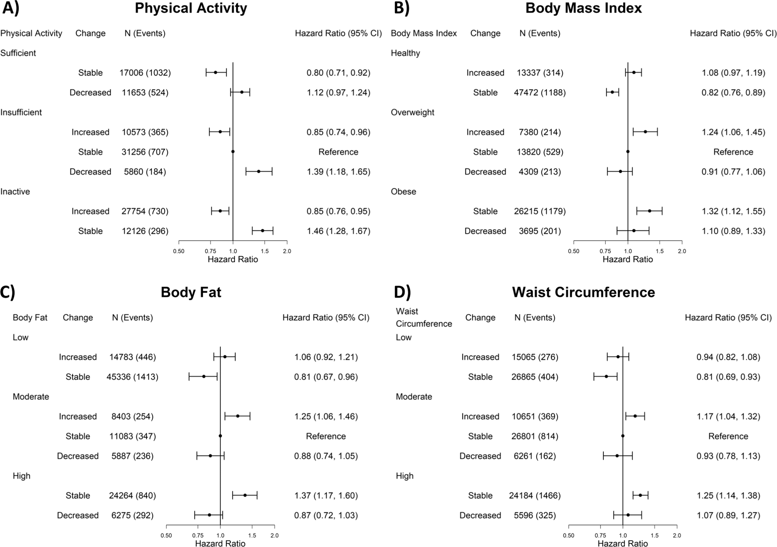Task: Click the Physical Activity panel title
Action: tap(191, 8)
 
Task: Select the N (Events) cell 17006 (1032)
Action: tap(145, 73)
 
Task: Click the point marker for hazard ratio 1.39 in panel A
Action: tap(259, 171)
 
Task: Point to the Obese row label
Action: tap(403, 192)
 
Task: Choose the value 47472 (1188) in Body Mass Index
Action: tap(540, 93)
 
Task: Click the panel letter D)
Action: tap(402, 292)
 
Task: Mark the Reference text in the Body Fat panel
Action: tap(326, 436)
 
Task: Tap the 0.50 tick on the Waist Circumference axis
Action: tap(568, 535)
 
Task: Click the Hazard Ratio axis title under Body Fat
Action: tap(220, 544)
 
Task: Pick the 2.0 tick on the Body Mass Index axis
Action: tap(682, 251)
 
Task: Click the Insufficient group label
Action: tap(21, 112)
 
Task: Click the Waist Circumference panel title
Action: tap(583, 293)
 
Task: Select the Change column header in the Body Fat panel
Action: tap(78, 318)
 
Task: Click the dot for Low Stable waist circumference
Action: tap(606, 376)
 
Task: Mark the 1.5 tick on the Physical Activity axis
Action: tap(265, 251)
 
